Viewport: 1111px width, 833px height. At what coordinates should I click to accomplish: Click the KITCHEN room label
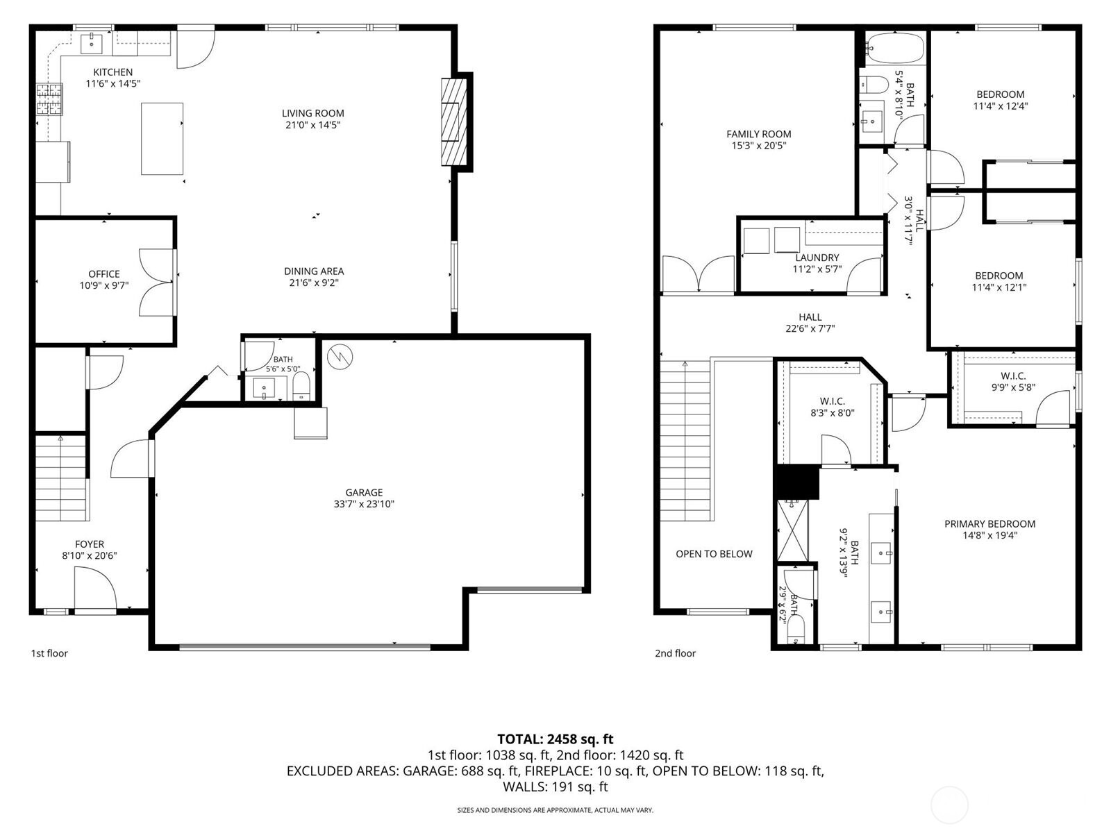pos(113,72)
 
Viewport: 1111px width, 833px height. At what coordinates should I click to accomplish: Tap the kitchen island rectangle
pos(162,139)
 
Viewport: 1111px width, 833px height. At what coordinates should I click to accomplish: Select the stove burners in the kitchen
pos(49,99)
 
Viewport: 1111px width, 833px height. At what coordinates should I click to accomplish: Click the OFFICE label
pos(104,274)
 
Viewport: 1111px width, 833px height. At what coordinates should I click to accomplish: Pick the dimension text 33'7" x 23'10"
pos(363,504)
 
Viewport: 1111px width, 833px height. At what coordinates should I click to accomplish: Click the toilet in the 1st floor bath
pos(301,387)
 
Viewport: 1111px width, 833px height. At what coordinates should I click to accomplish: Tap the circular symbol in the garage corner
pos(340,357)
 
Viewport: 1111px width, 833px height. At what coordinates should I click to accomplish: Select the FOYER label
pos(90,544)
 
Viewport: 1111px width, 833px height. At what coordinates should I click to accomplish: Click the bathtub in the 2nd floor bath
pos(895,49)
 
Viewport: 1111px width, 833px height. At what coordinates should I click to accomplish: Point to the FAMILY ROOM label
pos(759,134)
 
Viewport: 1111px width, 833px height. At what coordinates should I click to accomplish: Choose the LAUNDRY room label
pos(817,258)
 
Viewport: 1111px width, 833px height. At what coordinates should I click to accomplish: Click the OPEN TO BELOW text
pos(715,554)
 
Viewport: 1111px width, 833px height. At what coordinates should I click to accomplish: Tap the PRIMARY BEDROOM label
pos(989,524)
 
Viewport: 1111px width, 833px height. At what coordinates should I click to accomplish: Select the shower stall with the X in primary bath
pos(793,530)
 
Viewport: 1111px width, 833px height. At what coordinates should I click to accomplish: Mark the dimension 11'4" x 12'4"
pos(1000,106)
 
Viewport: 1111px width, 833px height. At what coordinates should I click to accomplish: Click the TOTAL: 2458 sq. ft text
pos(555,739)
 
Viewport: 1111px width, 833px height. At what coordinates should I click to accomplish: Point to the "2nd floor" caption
pos(675,653)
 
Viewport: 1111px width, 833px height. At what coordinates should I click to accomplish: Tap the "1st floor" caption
pos(49,653)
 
